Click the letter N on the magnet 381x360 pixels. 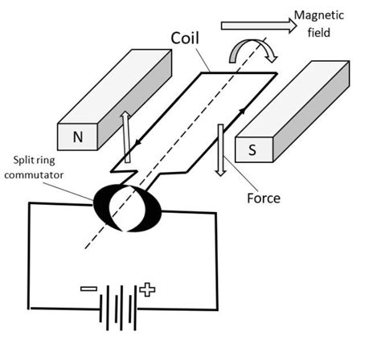coord(77,137)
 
